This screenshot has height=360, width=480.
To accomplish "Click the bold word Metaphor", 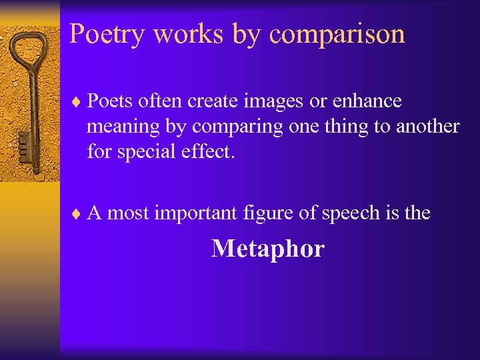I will pos(267,249).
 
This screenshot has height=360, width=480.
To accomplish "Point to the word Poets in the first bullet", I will pos(110,101).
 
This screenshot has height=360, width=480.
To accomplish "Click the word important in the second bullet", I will pos(195,213).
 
